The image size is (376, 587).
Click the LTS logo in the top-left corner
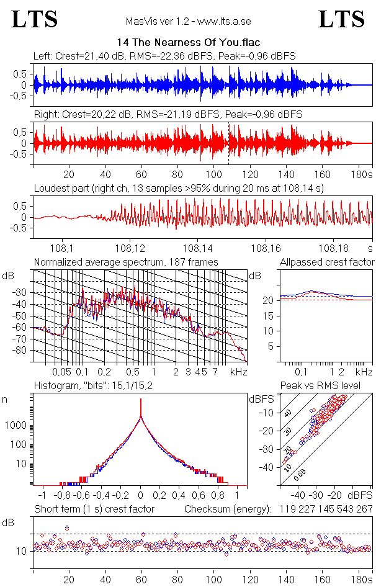(x=35, y=19)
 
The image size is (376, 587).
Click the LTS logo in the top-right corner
(x=341, y=19)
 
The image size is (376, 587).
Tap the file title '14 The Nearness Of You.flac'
(x=188, y=43)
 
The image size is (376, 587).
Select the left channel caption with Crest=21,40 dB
(x=164, y=56)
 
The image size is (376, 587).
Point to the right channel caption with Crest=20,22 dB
(x=168, y=114)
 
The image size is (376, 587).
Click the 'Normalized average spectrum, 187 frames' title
(x=126, y=262)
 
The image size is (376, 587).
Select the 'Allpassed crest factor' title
(x=327, y=262)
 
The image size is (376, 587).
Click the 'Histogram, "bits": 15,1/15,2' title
(x=92, y=386)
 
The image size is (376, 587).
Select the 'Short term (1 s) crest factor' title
(x=94, y=509)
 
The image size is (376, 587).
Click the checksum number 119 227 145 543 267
(x=326, y=509)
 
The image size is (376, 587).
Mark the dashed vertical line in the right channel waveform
(x=229, y=143)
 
